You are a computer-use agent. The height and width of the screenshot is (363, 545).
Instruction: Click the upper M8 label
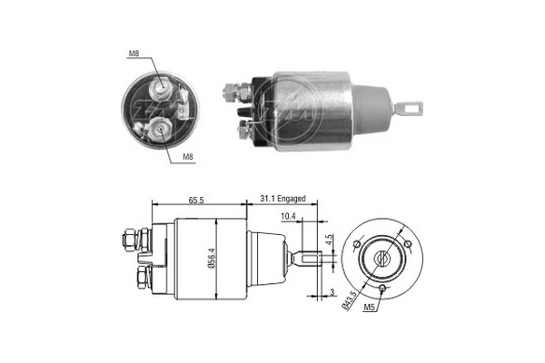click(134, 54)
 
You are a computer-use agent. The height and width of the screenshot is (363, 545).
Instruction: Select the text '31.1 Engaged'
click(282, 196)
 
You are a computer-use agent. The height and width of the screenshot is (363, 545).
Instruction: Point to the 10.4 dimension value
click(288, 216)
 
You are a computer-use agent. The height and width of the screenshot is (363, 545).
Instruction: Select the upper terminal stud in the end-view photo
click(163, 85)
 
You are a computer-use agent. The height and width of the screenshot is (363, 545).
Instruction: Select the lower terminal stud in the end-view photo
click(160, 129)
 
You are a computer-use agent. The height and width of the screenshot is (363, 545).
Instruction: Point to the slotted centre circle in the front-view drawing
click(382, 258)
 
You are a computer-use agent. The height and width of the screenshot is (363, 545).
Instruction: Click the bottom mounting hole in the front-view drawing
click(382, 289)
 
